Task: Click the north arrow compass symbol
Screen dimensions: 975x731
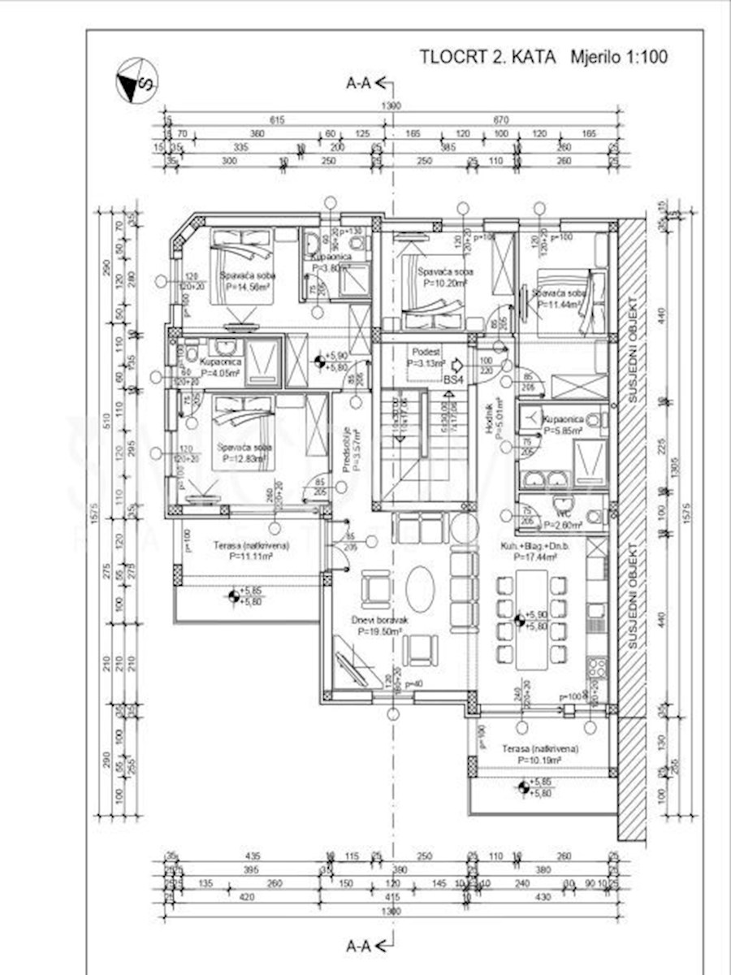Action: click(x=136, y=80)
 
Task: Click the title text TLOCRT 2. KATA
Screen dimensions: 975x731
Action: click(x=487, y=57)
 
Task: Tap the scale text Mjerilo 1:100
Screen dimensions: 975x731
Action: click(x=619, y=57)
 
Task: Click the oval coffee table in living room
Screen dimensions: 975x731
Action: click(x=419, y=589)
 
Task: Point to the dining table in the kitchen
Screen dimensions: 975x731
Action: click(x=532, y=619)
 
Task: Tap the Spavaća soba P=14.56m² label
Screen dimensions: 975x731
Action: click(x=247, y=281)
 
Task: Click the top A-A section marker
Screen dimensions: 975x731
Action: click(x=369, y=82)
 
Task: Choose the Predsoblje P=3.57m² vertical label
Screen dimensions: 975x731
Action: click(x=346, y=449)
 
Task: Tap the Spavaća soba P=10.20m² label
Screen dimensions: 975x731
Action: click(x=444, y=278)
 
